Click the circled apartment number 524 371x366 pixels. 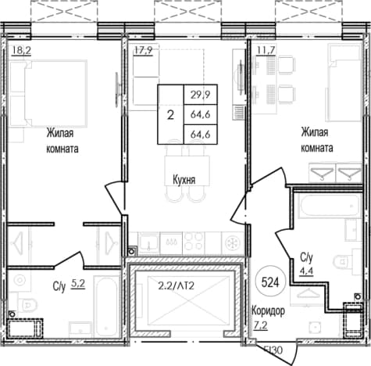270,282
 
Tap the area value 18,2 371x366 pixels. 22,50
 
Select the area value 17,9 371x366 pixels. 143,50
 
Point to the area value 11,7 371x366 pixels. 266,50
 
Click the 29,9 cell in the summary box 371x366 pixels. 201,95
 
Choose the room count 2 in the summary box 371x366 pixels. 170,115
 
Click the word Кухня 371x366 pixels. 184,180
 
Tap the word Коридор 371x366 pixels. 268,310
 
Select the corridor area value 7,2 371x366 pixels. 260,325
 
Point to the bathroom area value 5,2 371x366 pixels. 78,284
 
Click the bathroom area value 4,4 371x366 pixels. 307,271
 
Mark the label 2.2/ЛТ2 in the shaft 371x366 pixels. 177,286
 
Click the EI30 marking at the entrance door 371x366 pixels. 273,350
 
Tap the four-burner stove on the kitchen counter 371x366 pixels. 194,242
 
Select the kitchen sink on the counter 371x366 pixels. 148,243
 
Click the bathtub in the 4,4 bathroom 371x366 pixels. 329,205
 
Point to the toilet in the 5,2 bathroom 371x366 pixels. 28,304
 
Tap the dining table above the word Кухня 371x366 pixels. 187,170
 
